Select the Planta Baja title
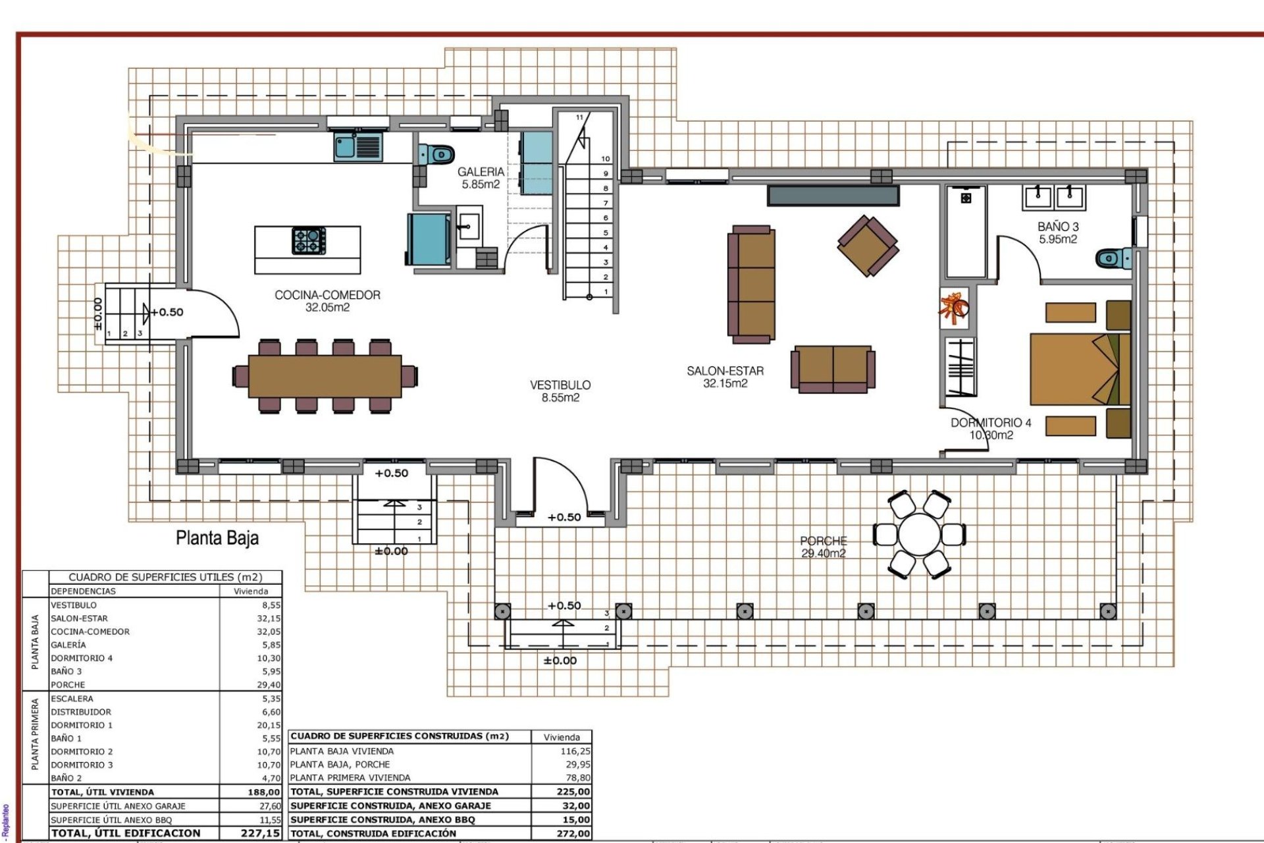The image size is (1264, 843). click(217, 538)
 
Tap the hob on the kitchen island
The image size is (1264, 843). click(309, 240)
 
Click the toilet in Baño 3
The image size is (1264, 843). click(1114, 258)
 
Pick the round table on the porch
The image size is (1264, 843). click(919, 535)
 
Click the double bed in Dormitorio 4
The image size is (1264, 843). click(1080, 369)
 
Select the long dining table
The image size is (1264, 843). click(325, 376)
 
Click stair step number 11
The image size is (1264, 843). click(579, 117)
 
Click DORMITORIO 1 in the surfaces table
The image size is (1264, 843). click(82, 725)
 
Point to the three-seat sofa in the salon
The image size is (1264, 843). click(751, 283)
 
